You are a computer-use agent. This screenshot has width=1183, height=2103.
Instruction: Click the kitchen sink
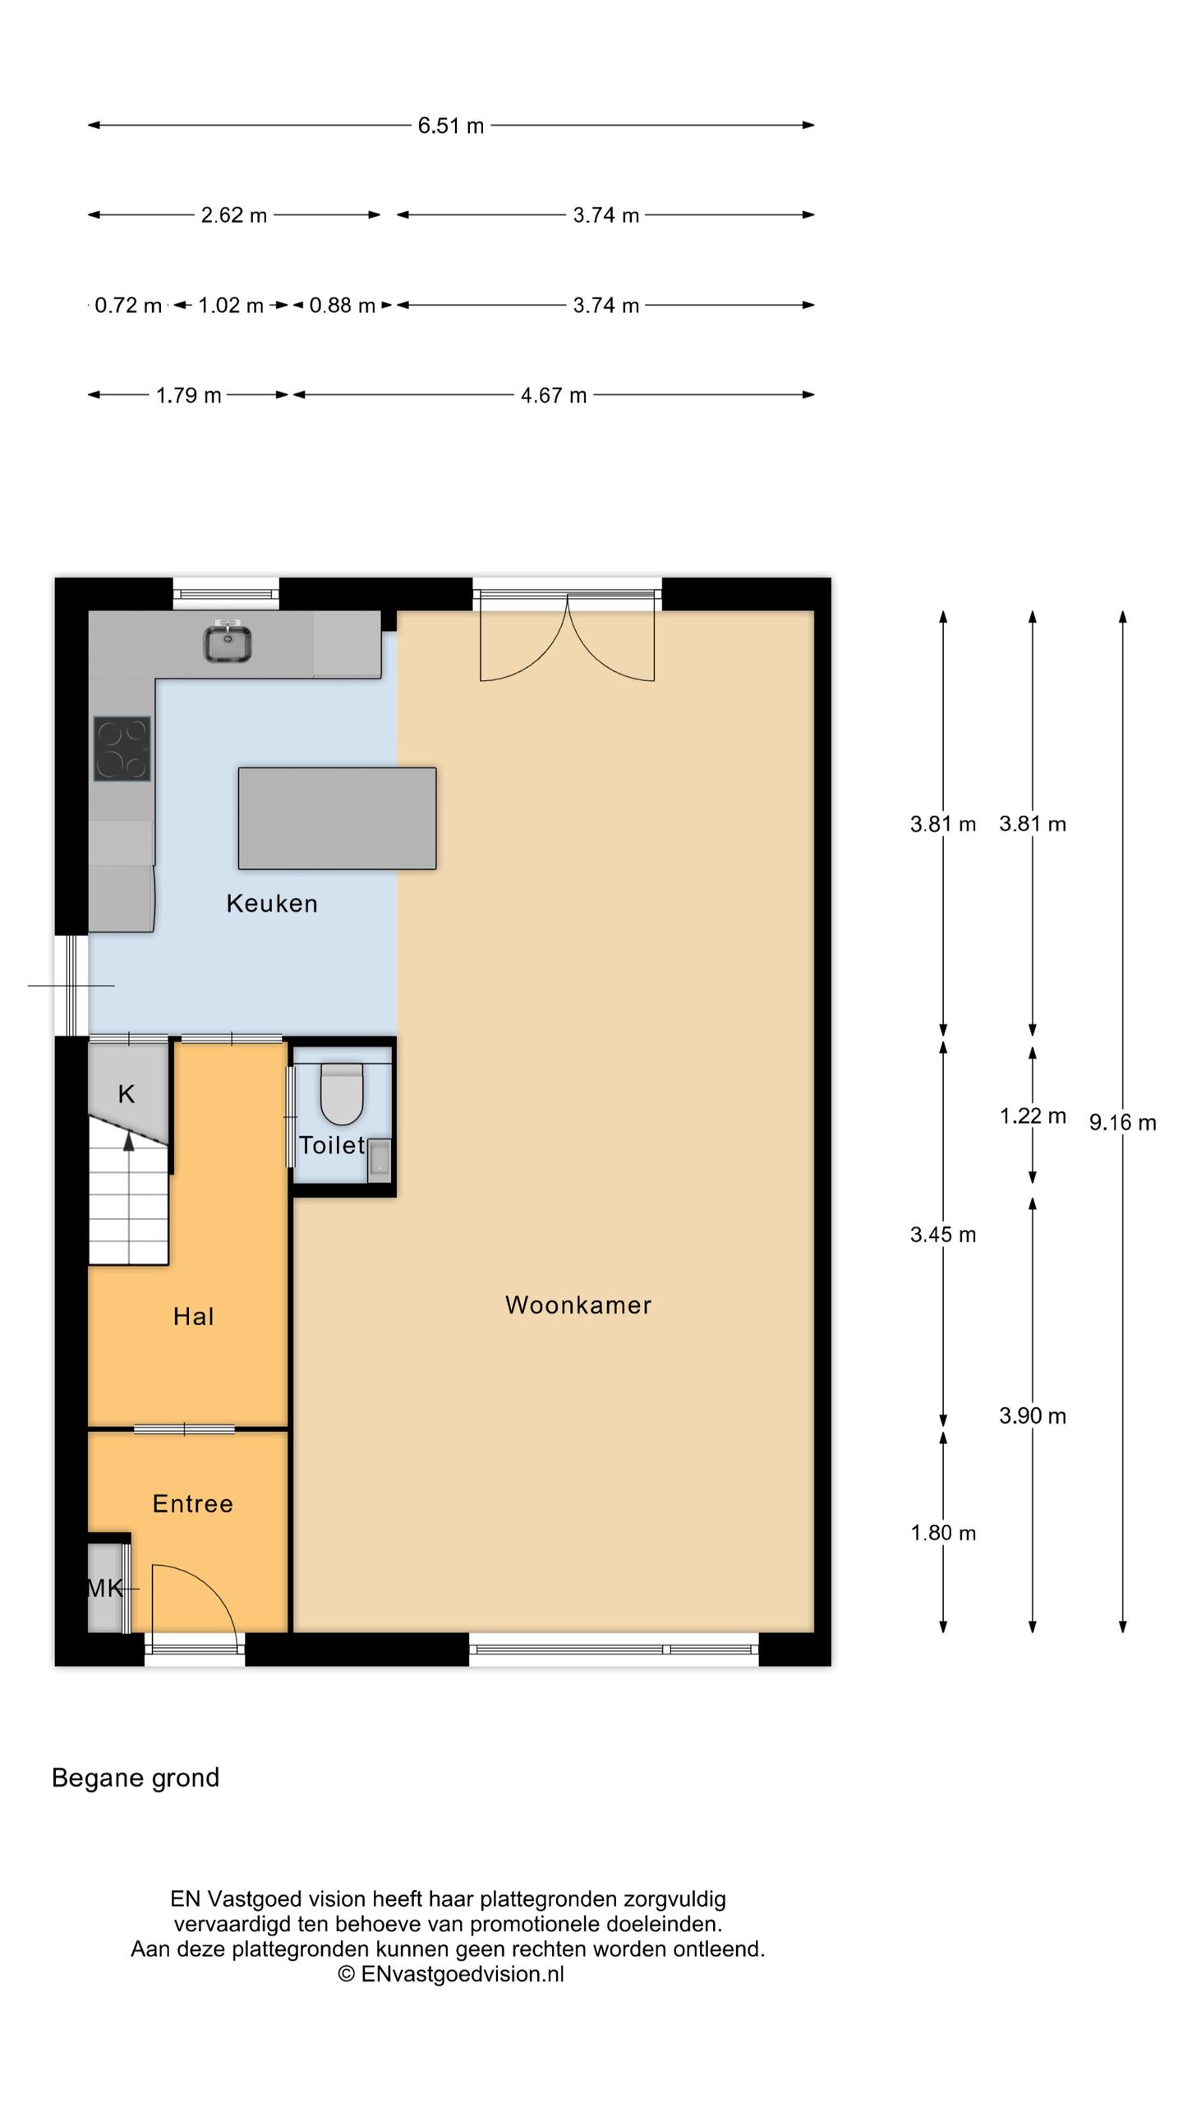228,642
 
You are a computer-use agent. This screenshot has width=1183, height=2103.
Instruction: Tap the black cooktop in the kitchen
122,748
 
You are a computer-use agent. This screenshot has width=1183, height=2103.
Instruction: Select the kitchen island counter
337,818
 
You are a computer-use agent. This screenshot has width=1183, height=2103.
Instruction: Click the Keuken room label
272,904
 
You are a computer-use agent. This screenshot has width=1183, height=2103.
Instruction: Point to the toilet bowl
342,1094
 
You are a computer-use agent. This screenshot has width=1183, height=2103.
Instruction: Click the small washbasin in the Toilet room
380,1159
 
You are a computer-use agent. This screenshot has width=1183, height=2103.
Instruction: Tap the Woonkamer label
578,1305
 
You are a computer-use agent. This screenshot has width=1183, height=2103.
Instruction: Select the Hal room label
193,1316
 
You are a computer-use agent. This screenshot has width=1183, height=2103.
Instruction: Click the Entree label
193,1503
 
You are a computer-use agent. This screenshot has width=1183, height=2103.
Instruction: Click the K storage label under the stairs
126,1094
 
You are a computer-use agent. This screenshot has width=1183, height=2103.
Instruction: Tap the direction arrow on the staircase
128,1144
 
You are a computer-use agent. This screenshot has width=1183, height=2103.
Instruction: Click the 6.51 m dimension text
450,126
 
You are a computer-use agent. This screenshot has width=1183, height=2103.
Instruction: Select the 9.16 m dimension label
1122,1122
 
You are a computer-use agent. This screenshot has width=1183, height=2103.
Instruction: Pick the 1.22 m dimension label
1033,1116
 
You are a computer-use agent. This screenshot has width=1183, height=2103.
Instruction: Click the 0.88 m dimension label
342,306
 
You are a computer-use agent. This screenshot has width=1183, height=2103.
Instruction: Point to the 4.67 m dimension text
554,396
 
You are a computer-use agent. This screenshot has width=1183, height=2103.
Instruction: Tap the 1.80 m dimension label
943,1533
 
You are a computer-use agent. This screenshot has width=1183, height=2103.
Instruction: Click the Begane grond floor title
136,1778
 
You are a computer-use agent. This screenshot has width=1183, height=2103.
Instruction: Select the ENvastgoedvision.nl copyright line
451,1974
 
